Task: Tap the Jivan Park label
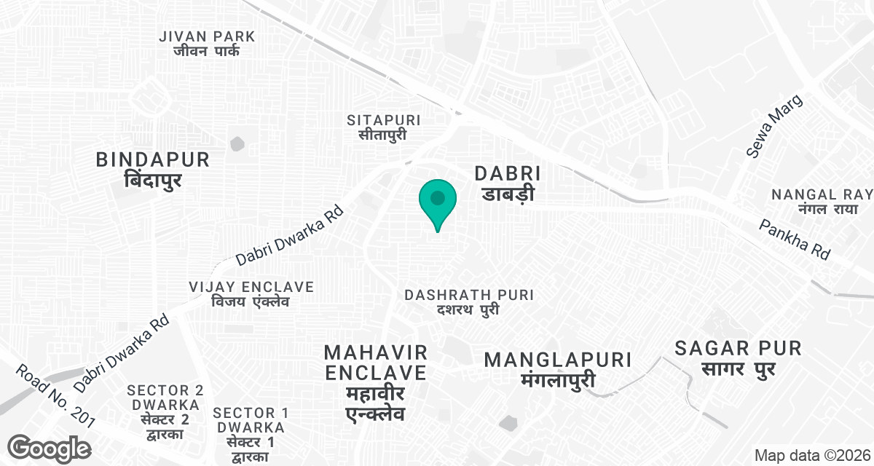208,43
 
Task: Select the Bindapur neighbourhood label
153,169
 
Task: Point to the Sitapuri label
384,127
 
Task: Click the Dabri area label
508,183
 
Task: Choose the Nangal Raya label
822,202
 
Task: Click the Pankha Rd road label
795,240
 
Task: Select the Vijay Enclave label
251,293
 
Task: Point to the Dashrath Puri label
469,302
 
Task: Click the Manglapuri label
558,369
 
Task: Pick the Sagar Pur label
738,358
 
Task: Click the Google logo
49,448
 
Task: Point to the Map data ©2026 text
811,455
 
